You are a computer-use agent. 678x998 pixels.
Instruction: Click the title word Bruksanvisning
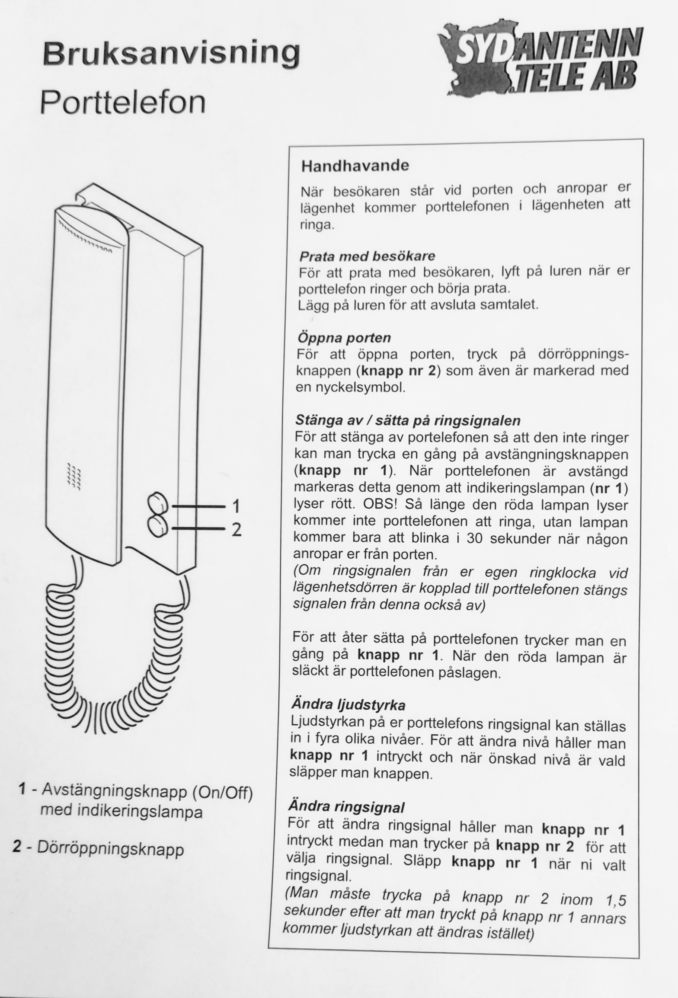(x=171, y=54)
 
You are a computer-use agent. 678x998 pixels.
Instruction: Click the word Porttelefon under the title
(x=122, y=102)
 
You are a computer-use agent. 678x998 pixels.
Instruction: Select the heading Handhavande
(x=355, y=166)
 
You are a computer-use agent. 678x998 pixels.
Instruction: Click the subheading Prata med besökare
(x=367, y=256)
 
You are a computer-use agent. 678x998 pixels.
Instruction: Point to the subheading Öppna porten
(x=344, y=338)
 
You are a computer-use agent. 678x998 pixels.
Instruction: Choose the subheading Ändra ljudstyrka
(x=348, y=705)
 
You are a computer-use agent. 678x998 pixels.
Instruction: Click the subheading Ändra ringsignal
(x=346, y=807)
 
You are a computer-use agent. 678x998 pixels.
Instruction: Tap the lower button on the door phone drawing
(x=158, y=526)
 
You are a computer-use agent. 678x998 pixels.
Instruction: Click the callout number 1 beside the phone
(x=236, y=505)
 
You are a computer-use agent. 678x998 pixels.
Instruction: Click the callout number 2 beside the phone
(x=236, y=529)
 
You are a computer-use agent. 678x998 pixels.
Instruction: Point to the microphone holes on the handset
(x=74, y=477)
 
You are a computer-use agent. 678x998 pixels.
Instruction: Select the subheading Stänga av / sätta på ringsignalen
(x=408, y=420)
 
